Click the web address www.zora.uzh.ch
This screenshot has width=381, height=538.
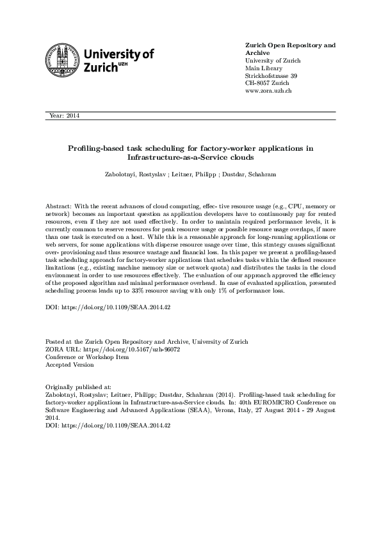[x=269, y=91]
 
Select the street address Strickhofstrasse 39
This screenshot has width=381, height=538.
[x=272, y=76]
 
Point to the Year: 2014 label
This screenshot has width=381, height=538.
[x=64, y=116]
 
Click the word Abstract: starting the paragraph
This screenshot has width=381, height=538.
[x=59, y=208]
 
